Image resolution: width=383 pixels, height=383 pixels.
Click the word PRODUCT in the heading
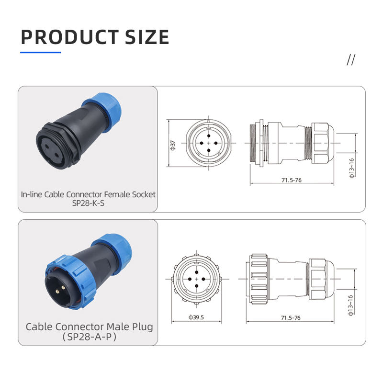tap(70, 37)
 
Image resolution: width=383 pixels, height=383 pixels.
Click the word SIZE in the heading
tap(147, 37)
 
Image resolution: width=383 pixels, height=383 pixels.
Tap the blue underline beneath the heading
tap(41, 52)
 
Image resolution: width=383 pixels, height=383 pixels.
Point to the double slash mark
tap(351, 60)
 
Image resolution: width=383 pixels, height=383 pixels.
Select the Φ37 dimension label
tap(173, 146)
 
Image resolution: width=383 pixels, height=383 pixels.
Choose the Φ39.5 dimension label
tap(196, 317)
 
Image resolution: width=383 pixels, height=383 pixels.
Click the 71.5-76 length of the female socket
tap(292, 180)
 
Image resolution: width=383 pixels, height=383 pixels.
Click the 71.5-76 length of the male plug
tap(291, 318)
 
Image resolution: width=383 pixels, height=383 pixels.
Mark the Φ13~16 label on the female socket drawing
tap(351, 168)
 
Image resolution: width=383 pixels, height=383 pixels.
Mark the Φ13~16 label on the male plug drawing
tap(351, 305)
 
